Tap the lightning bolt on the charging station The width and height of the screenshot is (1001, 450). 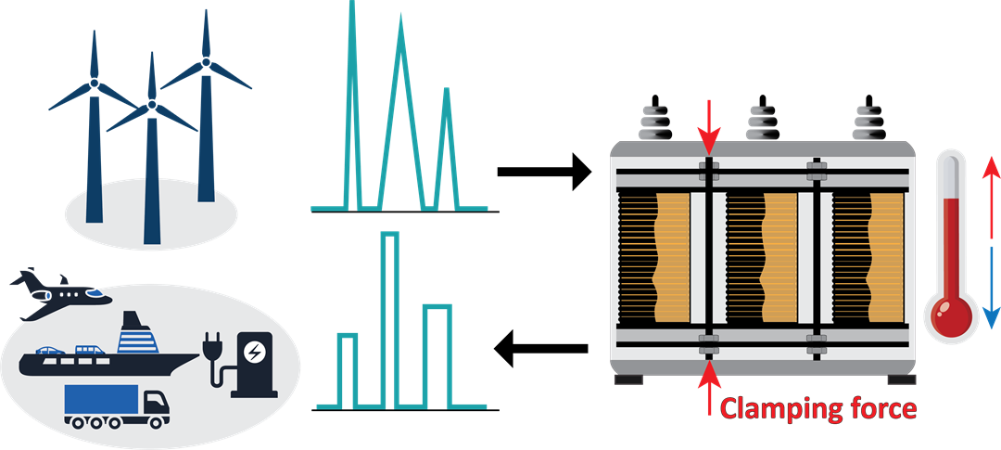252,353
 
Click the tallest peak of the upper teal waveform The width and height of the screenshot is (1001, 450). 352,19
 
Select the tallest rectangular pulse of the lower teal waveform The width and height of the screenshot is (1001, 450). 390,315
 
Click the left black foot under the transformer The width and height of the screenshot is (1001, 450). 627,379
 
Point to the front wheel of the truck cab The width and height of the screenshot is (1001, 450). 153,421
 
